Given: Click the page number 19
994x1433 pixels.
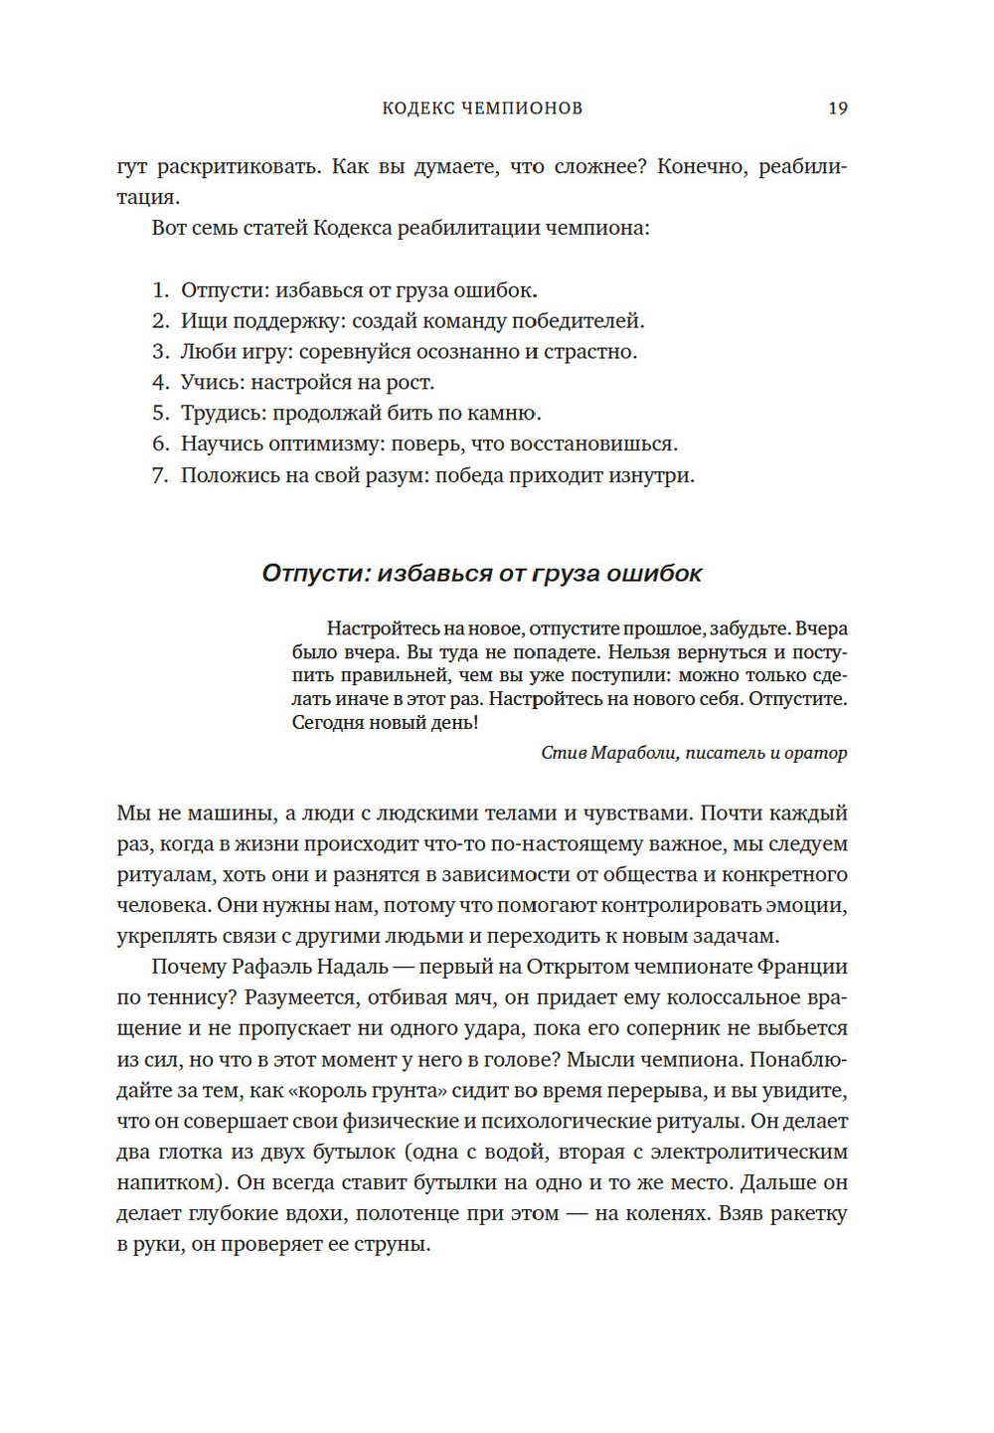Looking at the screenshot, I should point(837,108).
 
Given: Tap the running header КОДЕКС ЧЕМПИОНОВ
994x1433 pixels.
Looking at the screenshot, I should point(482,108).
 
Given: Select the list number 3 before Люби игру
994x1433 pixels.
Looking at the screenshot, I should point(160,352).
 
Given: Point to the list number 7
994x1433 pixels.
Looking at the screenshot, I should point(160,475).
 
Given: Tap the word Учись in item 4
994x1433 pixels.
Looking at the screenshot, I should point(211,383).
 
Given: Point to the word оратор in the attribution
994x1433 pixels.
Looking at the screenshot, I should point(815,753).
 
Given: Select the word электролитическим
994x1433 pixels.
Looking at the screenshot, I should point(749,1153).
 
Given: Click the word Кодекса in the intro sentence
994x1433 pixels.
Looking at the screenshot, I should point(354,229).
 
